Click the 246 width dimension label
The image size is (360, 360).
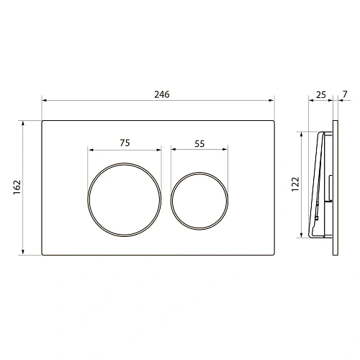click(162, 94)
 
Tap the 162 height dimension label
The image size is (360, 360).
click(17, 187)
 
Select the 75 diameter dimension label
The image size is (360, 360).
click(125, 143)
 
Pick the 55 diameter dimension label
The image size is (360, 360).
click(199, 144)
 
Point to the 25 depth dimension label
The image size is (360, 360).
click(321, 95)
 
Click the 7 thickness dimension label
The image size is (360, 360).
click(345, 94)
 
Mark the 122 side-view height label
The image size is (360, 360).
click(296, 184)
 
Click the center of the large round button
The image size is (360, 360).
click(125, 199)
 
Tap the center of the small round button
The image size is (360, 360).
click(199, 201)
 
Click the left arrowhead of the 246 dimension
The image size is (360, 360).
click(44, 100)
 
